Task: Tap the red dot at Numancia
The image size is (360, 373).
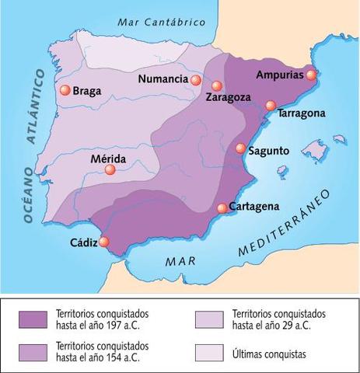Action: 195,80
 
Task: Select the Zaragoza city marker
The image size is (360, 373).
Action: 217,86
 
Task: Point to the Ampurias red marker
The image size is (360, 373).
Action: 311,75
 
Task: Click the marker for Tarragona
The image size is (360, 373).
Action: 271,106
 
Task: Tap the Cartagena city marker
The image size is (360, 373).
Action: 222,207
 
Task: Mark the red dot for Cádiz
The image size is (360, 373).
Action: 104,242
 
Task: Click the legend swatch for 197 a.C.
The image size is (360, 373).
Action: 38,319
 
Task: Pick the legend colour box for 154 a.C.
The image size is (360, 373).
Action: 38,349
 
